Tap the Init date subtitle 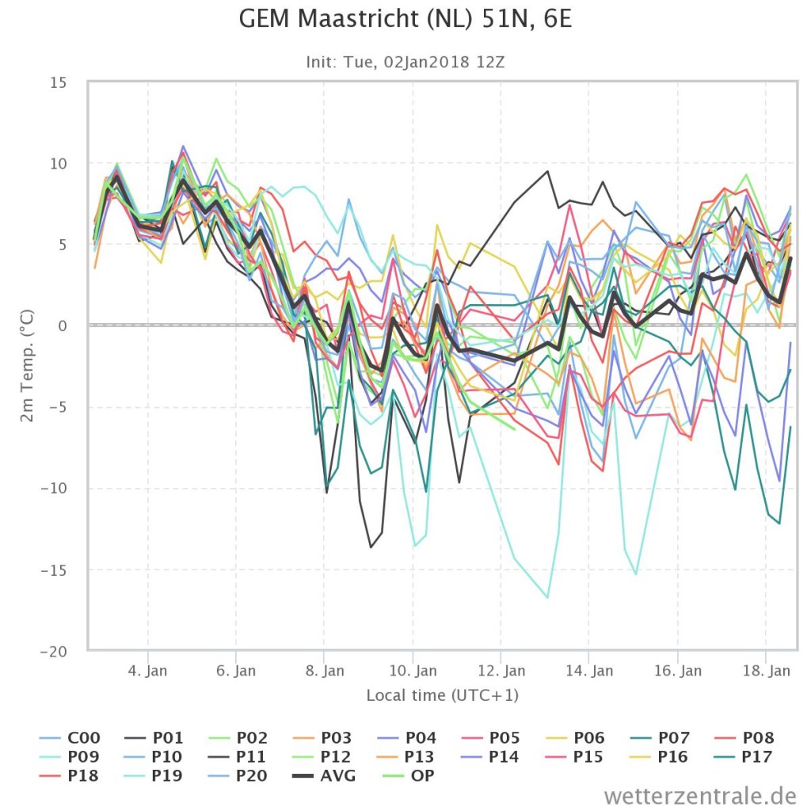pyautogui.click(x=405, y=63)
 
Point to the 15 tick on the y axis pyautogui.click(x=59, y=82)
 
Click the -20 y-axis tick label pyautogui.click(x=54, y=652)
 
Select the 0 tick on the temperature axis pyautogui.click(x=63, y=326)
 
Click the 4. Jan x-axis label pyautogui.click(x=147, y=671)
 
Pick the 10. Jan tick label pyautogui.click(x=413, y=671)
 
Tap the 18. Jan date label pyautogui.click(x=767, y=671)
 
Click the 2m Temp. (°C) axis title pyautogui.click(x=27, y=366)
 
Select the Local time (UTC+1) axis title pyautogui.click(x=442, y=695)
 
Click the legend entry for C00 pyautogui.click(x=70, y=737)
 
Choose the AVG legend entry pyautogui.click(x=324, y=776)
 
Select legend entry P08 pyautogui.click(x=744, y=737)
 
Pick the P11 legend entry pyautogui.click(x=238, y=756)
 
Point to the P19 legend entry pyautogui.click(x=154, y=776)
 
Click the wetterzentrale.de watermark pyautogui.click(x=700, y=795)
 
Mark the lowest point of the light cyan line pyautogui.click(x=547, y=597)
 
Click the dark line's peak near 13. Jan pyautogui.click(x=547, y=171)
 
